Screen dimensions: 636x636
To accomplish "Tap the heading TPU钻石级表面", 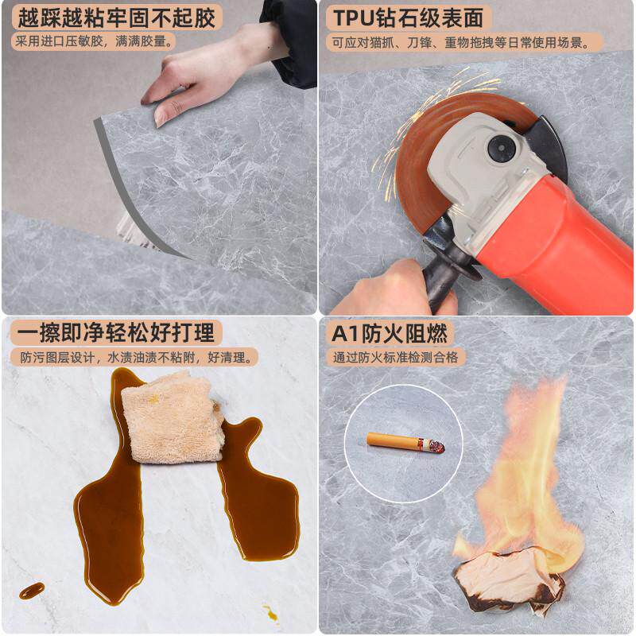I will (x=408, y=17).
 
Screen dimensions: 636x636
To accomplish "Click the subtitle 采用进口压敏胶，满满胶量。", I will (x=93, y=41).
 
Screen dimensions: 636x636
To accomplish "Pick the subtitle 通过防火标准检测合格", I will (x=395, y=357).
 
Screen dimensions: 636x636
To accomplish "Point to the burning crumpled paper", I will (x=509, y=580).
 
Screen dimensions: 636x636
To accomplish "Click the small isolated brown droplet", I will (x=32, y=590).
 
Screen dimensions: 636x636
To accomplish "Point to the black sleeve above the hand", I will (x=289, y=40).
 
